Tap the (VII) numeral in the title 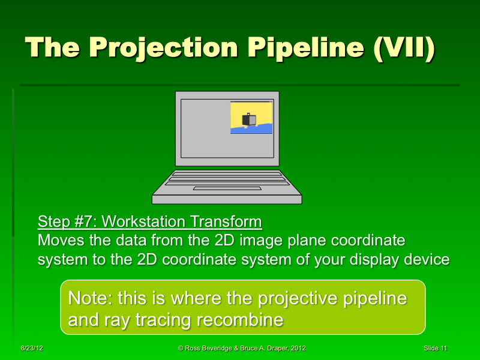[x=403, y=47]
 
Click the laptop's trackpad [x=227, y=188]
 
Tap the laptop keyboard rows [x=227, y=178]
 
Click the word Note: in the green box [x=91, y=298]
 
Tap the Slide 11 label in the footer [x=435, y=349]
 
